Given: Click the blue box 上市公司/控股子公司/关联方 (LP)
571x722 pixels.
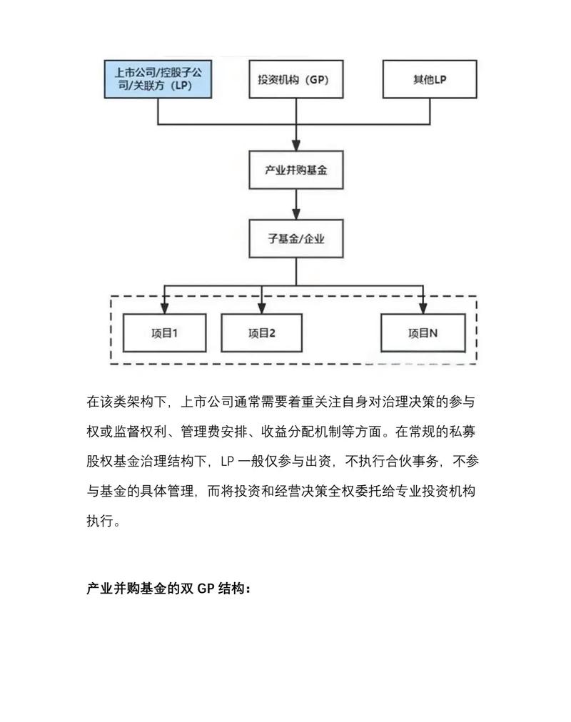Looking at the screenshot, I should tap(158, 79).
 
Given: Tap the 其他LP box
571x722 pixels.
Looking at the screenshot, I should tap(429, 79).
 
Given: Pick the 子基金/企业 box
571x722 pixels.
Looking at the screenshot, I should tap(295, 238).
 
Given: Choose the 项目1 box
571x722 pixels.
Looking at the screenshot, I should tap(164, 332).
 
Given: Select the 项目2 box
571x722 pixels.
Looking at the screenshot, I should tap(261, 332).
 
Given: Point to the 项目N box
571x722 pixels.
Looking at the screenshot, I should tap(423, 332).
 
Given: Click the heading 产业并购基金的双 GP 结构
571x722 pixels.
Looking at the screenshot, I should tap(168, 589).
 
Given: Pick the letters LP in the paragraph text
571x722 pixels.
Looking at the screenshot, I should tap(228, 462).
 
